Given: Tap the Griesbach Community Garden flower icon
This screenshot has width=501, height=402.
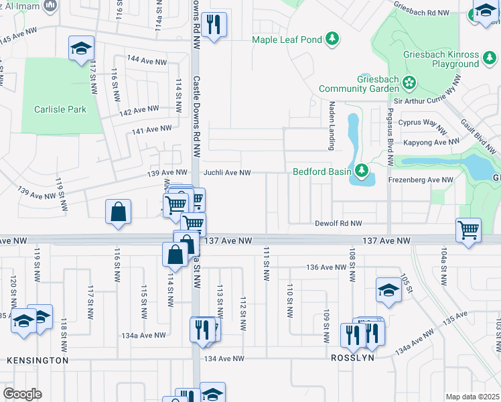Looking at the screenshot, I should (x=409, y=83).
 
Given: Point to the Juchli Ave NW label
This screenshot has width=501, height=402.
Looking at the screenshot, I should (x=227, y=173).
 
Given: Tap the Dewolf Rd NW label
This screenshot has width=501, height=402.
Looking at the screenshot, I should (x=339, y=224).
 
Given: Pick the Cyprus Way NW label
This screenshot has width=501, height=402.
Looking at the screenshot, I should (x=422, y=124).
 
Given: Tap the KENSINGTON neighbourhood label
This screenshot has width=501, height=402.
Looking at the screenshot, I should (x=38, y=360).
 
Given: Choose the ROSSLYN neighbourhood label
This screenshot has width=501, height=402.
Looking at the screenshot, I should (x=352, y=358).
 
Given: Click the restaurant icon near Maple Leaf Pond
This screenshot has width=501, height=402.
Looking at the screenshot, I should (x=214, y=25).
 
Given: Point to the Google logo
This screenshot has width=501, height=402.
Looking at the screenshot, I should (x=23, y=394).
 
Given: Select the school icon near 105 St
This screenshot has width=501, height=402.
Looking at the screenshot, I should (x=388, y=289).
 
